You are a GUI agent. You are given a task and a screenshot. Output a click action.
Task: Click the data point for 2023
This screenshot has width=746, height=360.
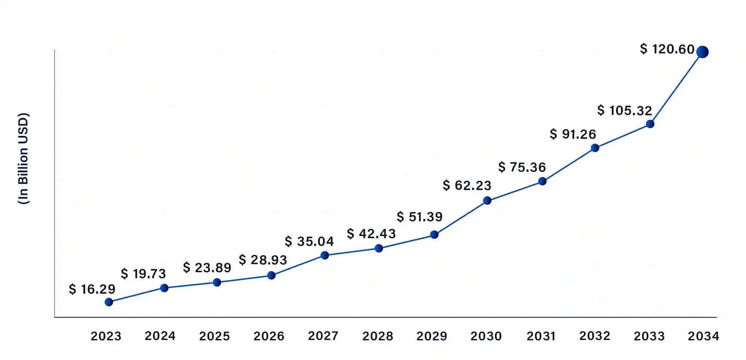point(109,302)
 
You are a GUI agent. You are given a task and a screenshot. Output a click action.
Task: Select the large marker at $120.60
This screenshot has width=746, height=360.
point(702,52)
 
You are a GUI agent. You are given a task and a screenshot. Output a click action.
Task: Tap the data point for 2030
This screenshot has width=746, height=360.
point(487,200)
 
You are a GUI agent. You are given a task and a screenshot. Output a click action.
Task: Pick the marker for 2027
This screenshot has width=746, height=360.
point(325,255)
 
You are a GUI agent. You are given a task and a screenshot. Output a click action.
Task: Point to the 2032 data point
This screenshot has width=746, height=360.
point(595,148)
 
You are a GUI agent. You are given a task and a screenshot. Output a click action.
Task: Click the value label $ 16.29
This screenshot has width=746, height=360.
point(92,289)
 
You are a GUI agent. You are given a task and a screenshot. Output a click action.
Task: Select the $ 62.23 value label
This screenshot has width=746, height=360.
point(467,185)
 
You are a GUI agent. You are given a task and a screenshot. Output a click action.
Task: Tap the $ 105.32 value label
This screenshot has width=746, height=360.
point(625,110)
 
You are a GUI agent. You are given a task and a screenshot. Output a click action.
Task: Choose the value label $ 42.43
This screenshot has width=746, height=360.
point(371,233)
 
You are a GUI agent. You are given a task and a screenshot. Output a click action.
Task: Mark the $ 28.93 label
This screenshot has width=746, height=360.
point(263,260)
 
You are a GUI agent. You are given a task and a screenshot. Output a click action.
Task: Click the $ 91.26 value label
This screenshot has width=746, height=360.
point(573,134)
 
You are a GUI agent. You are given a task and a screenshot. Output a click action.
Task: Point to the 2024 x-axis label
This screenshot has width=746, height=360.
point(160,336)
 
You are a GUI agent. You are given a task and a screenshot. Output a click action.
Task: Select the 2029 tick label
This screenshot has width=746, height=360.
point(432,336)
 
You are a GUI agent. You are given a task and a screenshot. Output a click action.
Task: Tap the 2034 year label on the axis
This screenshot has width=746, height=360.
point(703,336)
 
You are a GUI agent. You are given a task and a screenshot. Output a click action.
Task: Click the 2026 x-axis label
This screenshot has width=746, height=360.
point(269,336)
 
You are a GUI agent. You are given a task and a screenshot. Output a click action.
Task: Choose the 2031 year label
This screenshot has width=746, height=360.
point(541,336)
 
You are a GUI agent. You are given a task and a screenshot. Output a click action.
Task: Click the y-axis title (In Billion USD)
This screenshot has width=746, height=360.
point(23,159)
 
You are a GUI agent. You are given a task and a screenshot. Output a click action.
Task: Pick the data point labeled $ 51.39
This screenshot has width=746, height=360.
point(434,235)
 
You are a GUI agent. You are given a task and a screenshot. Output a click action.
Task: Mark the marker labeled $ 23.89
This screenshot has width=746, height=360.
point(217,282)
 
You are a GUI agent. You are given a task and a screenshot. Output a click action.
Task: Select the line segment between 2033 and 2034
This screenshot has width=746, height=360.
point(676,88)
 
